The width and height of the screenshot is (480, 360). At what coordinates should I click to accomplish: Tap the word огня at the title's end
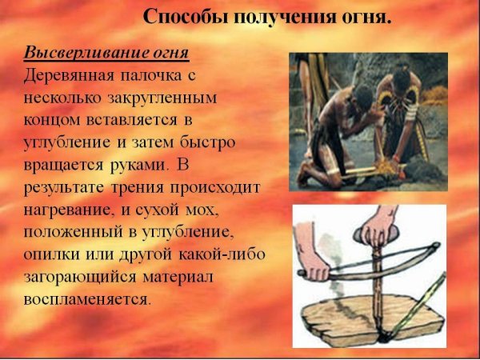tap(366, 16)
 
